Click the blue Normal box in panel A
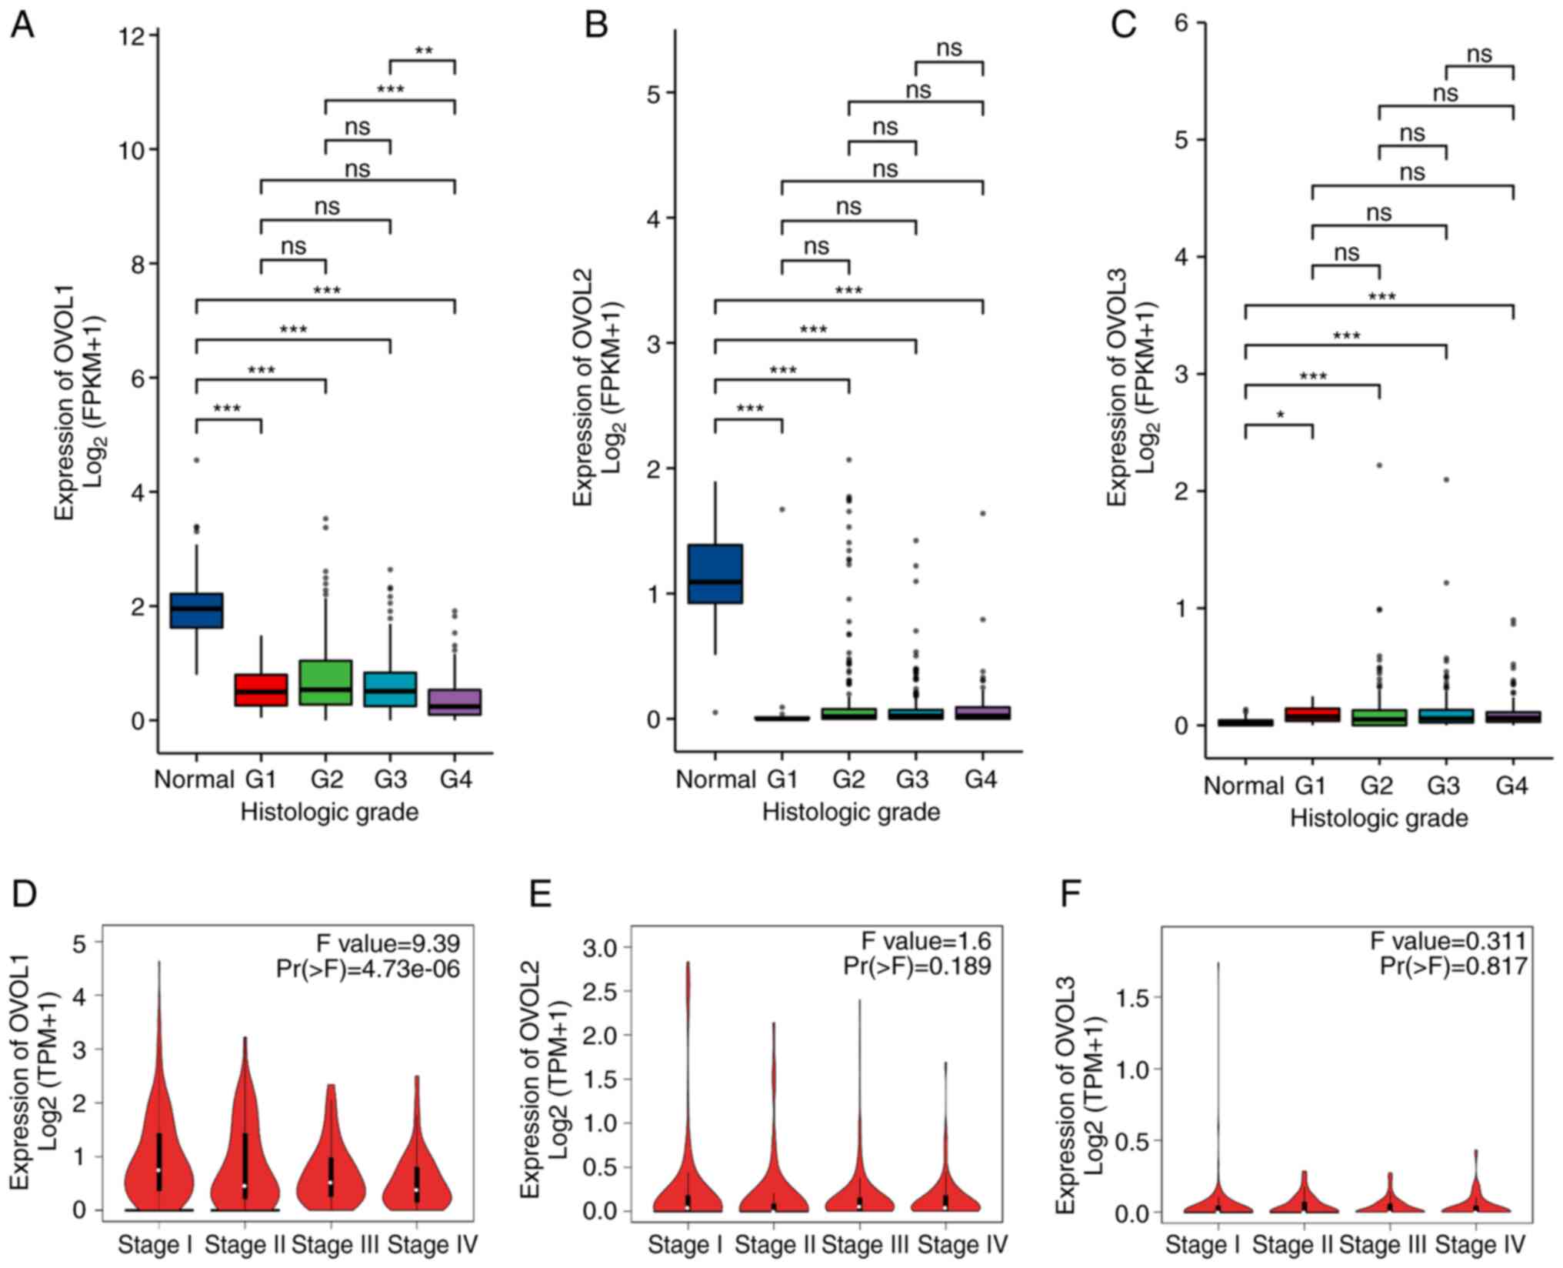(196, 610)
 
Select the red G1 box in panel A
(261, 690)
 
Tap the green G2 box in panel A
(326, 682)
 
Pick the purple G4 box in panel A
(455, 702)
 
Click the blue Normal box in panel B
(715, 574)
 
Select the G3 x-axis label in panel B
(914, 779)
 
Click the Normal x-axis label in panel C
(1243, 786)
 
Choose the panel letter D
(25, 894)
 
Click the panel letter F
(1071, 894)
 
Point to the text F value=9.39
(388, 943)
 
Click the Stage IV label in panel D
(432, 1244)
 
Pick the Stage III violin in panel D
(331, 1170)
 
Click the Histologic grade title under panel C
(1378, 818)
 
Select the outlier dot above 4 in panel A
(196, 460)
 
